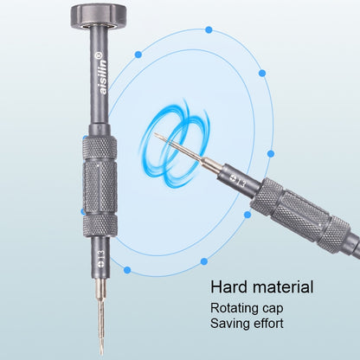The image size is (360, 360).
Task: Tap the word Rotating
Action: coord(236,308)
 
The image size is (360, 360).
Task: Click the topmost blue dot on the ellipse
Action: coord(209,29)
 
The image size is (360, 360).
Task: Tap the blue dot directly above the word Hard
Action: coord(203,260)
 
